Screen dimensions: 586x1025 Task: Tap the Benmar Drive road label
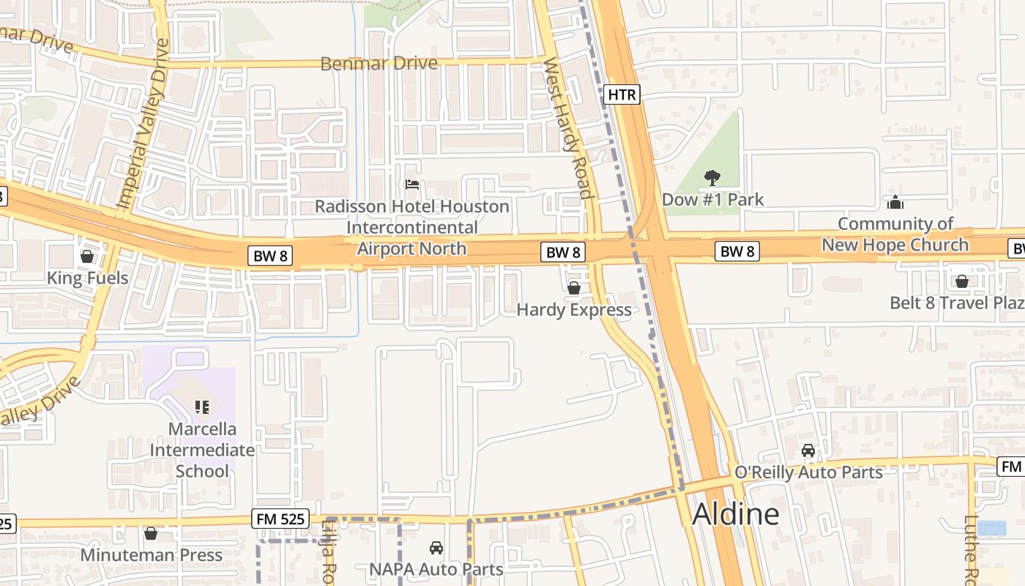(379, 63)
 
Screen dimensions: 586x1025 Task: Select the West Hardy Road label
(567, 129)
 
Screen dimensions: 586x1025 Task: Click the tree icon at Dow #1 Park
(711, 177)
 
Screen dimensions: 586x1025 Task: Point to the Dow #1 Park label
(712, 199)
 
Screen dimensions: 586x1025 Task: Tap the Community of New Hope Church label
(895, 234)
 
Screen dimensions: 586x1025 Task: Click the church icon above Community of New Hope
(895, 202)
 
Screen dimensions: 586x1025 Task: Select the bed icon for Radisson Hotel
(412, 185)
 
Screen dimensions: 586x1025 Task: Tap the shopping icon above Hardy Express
(574, 288)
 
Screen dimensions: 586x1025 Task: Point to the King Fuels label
(87, 278)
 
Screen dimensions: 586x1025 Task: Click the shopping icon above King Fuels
(87, 256)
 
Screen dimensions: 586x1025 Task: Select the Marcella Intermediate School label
(202, 450)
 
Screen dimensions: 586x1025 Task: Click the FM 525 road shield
(280, 519)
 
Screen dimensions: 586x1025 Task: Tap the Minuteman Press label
(151, 555)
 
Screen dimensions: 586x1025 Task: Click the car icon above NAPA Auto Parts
(436, 548)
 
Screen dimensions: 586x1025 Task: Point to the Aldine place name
(735, 514)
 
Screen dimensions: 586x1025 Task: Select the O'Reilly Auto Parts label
(808, 472)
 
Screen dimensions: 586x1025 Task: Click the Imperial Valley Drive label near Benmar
(143, 125)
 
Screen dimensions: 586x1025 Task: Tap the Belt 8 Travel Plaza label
(956, 303)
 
